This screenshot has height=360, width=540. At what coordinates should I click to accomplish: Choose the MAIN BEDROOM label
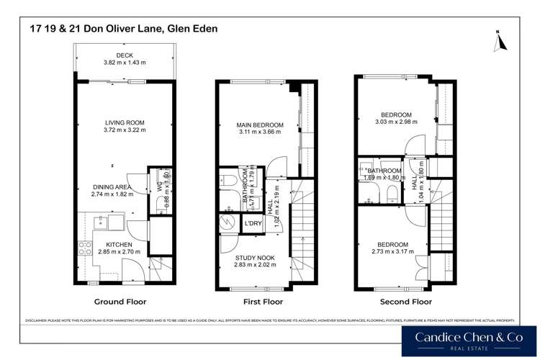pyautogui.click(x=260, y=125)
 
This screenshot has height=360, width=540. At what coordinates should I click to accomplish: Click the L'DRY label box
pyautogui.click(x=252, y=224)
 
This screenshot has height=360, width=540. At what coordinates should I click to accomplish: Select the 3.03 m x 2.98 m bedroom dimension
pyautogui.click(x=395, y=122)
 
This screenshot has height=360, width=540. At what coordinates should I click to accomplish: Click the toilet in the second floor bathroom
pyautogui.click(x=389, y=192)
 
